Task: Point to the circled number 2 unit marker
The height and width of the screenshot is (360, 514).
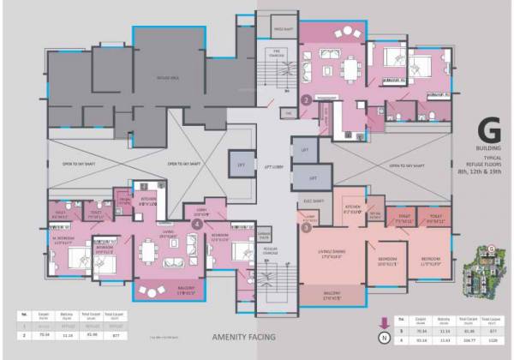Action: click(x=306, y=99)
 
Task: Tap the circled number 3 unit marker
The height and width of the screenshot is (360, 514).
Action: click(x=306, y=227)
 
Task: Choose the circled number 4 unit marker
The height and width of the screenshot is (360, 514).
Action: click(x=198, y=224)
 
